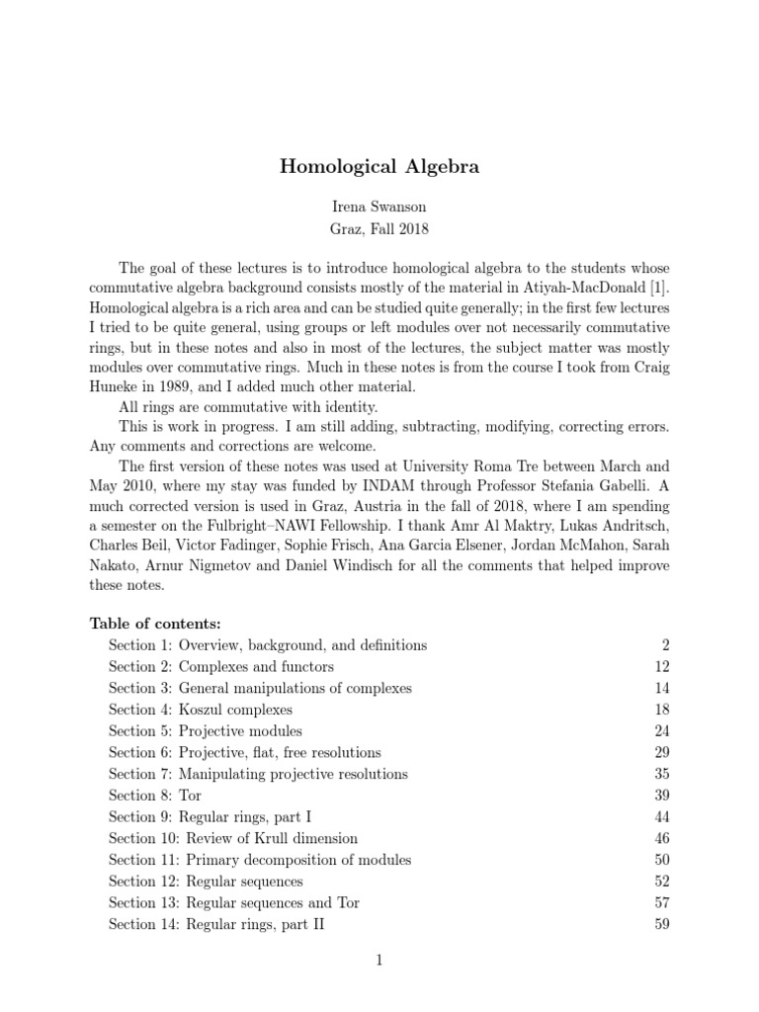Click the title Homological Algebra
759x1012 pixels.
click(x=379, y=167)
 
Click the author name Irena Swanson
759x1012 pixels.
click(x=379, y=209)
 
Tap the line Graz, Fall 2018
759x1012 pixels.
click(x=379, y=229)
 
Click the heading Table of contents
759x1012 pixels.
click(x=155, y=623)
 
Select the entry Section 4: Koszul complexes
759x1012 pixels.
click(x=201, y=710)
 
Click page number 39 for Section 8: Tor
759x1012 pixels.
click(x=662, y=796)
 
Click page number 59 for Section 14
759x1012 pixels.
click(x=662, y=925)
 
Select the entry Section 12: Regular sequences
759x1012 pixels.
click(x=206, y=882)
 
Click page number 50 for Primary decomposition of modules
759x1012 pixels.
click(x=662, y=860)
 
